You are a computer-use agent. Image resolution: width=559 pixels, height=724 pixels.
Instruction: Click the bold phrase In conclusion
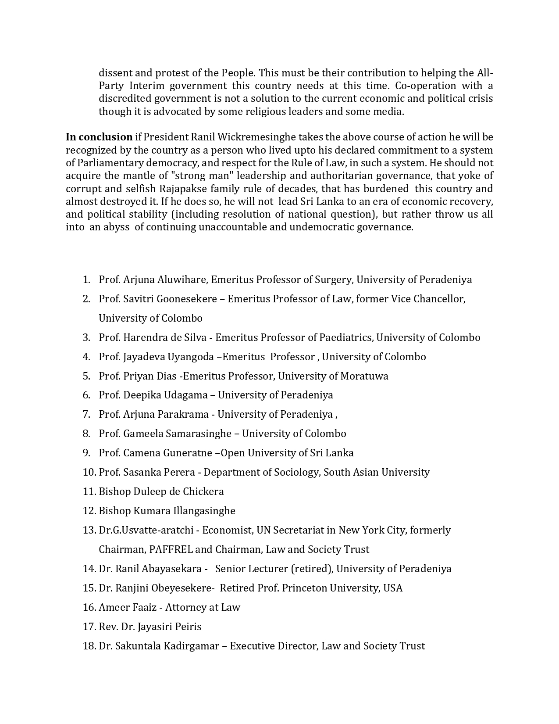[x=99, y=137]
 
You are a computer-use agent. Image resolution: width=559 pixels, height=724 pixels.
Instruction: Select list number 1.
[x=86, y=280]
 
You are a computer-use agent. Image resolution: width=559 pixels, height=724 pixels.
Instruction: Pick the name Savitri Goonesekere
[x=170, y=299]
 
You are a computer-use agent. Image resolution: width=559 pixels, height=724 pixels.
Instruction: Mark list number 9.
[x=86, y=453]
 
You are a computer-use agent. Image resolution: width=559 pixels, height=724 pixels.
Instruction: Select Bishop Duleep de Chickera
[x=161, y=491]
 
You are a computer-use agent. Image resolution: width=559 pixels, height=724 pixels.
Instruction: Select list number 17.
[x=89, y=627]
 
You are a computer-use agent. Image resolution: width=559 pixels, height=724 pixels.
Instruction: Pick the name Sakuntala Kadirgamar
[x=167, y=646]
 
